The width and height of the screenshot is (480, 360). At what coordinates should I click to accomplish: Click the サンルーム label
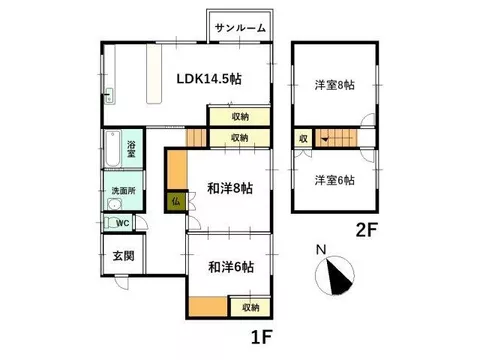240,28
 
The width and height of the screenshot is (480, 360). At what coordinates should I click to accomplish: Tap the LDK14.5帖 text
209,79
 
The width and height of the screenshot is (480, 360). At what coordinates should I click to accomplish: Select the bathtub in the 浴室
113,149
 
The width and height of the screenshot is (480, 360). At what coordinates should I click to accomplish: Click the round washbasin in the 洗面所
115,204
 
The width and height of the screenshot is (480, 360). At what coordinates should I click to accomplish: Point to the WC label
123,223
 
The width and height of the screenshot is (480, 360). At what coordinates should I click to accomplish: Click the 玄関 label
124,256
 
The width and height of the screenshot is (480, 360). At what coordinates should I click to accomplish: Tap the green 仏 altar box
176,201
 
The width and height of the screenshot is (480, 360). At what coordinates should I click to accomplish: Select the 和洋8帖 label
230,188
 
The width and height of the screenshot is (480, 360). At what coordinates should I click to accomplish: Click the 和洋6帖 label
231,267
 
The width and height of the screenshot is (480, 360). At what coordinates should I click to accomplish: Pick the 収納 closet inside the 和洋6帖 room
250,307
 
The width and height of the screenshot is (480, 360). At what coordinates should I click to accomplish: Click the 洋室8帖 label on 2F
335,85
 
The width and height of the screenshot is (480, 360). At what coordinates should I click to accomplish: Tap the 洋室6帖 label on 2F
335,180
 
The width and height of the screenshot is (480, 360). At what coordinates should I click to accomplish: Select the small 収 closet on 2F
303,138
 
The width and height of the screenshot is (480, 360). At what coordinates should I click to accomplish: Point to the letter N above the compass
321,250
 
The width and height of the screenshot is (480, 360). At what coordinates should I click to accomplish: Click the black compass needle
339,276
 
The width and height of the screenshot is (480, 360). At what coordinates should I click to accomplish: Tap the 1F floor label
262,337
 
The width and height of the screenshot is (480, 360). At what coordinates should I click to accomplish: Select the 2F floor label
367,230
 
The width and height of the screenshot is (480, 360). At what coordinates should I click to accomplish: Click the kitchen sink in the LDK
109,96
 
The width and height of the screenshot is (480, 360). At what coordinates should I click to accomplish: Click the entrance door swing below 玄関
121,283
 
